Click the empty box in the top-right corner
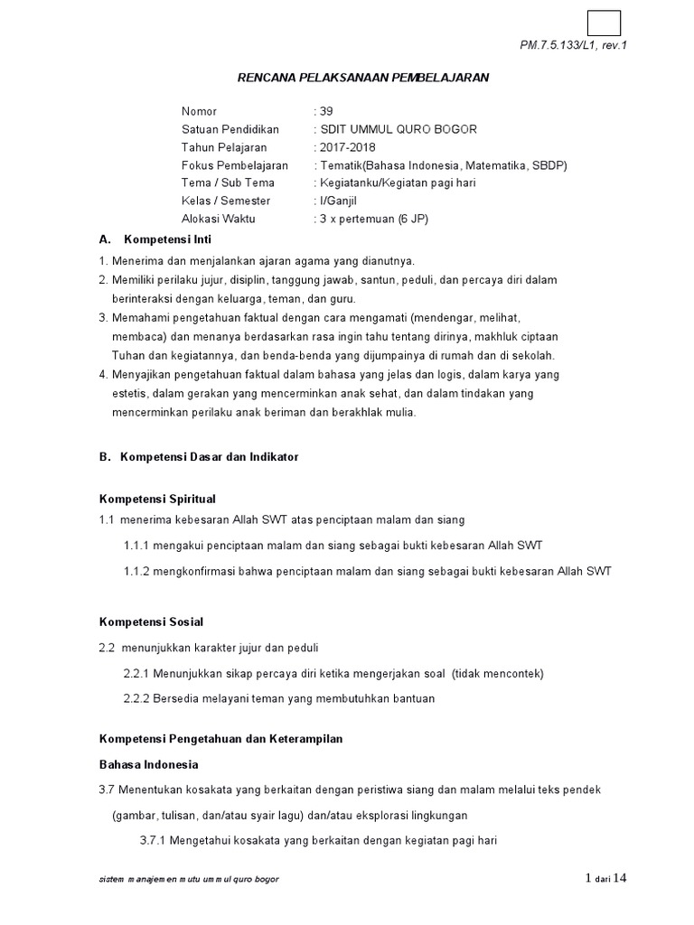click(x=604, y=23)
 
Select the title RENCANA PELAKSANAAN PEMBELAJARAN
click(x=362, y=78)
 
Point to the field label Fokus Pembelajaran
click(x=234, y=165)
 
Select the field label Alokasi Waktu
click(x=218, y=220)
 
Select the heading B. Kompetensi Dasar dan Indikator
click(x=198, y=457)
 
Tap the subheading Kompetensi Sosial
click(x=150, y=621)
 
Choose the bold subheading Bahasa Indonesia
click(x=148, y=765)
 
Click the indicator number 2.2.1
click(x=136, y=674)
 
